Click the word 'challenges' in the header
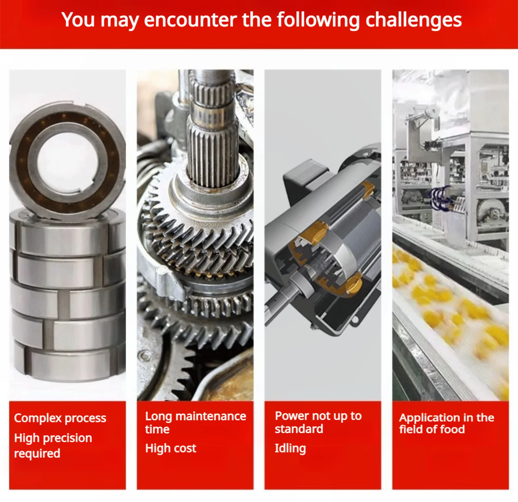click(413, 20)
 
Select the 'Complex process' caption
click(60, 418)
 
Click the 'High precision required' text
click(53, 446)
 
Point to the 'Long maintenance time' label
click(195, 422)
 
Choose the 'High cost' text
click(171, 448)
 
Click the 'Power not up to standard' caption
click(318, 422)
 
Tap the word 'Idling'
click(290, 448)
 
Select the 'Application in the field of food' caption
click(447, 423)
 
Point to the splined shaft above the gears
click(212, 128)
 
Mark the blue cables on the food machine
click(439, 198)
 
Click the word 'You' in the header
click(78, 20)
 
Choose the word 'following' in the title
click(318, 20)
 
